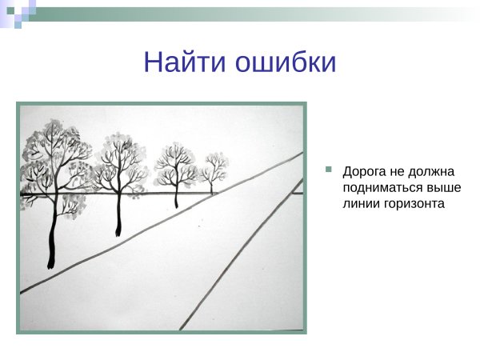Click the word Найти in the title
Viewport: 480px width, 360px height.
pyautogui.click(x=186, y=62)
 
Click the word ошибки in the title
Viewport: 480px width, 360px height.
pyautogui.click(x=286, y=62)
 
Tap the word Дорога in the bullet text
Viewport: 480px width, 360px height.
pyautogui.click(x=364, y=172)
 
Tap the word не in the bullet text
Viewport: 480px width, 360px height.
pyautogui.click(x=397, y=172)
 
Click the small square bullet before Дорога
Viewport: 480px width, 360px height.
pyautogui.click(x=328, y=170)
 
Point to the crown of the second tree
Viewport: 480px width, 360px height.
pyautogui.click(x=120, y=160)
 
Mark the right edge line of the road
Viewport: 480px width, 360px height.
pyautogui.click(x=240, y=256)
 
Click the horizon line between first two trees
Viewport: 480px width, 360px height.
pyautogui.click(x=88, y=194)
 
